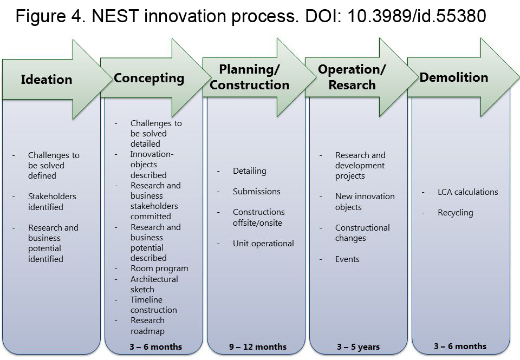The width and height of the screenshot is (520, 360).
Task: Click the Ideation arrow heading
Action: (x=47, y=80)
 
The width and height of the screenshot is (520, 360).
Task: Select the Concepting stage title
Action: (x=149, y=78)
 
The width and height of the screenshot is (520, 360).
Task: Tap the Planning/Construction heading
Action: (x=249, y=77)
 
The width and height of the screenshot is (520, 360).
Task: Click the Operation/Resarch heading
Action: (x=352, y=77)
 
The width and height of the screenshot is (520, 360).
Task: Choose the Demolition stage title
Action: (x=454, y=77)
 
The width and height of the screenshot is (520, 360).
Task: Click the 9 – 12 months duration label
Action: (x=258, y=347)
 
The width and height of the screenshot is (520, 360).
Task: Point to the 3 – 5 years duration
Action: (x=358, y=347)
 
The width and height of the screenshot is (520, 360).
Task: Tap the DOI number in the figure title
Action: (x=417, y=16)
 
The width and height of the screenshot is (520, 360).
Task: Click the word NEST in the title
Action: (x=115, y=16)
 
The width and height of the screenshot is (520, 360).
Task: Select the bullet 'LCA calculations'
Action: (x=467, y=192)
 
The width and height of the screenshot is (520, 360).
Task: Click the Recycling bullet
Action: (x=456, y=213)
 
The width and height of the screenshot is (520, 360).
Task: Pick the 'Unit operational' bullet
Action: (x=263, y=244)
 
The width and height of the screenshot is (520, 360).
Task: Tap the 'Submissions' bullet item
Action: (x=256, y=191)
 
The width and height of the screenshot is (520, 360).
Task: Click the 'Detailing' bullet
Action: (x=249, y=171)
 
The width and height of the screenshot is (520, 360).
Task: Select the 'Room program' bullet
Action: (x=159, y=269)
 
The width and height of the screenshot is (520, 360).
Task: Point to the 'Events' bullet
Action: (x=347, y=259)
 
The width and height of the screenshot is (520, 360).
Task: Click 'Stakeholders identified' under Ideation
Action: (x=52, y=201)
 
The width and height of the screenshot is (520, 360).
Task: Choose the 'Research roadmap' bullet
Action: (x=147, y=325)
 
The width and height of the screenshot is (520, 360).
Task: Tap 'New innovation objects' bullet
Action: (x=365, y=201)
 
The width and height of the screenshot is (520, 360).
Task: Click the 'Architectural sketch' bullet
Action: (x=154, y=284)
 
